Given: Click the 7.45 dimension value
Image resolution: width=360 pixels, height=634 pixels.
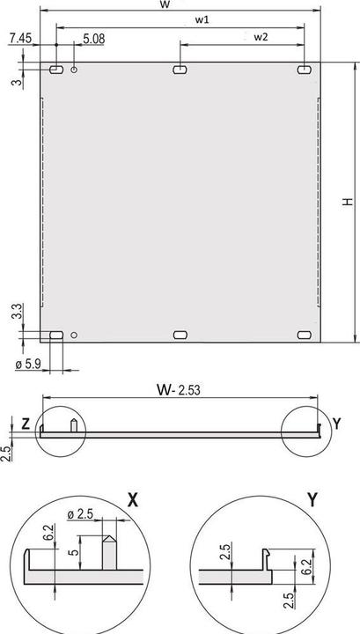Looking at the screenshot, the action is tap(19, 39).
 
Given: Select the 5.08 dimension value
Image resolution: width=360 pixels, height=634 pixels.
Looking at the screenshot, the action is tap(93, 39).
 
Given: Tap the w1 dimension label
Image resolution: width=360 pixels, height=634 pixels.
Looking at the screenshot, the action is tap(202, 20).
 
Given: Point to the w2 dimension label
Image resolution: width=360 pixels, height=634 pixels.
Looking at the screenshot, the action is tap(261, 37).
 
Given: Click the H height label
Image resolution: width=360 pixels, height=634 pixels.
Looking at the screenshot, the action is tap(348, 202).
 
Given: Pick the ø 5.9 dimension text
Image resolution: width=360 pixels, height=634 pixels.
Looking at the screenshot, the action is tap(28, 365).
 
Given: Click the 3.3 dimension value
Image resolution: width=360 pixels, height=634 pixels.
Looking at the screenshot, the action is tap(17, 312).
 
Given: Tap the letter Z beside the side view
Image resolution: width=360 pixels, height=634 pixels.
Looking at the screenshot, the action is tap(26, 424).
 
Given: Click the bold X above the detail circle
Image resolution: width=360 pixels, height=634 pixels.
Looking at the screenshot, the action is tap(133, 500).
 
